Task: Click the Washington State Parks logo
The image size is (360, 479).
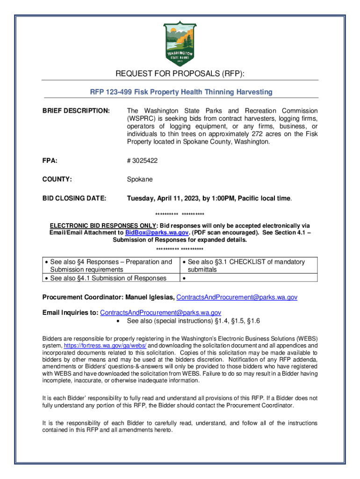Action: [180, 44]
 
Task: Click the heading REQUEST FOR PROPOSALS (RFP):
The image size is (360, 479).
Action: [180, 74]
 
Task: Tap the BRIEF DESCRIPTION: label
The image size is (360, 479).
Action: [76, 111]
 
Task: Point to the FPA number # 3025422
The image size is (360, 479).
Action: [142, 160]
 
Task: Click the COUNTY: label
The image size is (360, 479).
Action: [57, 179]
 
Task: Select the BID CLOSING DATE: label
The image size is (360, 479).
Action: [74, 198]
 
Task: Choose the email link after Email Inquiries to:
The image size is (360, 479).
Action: [161, 312]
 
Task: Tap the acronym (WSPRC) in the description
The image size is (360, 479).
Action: [142, 119]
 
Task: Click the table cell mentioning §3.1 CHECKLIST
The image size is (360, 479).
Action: [245, 266]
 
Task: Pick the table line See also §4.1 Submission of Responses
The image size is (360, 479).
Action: [108, 278]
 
